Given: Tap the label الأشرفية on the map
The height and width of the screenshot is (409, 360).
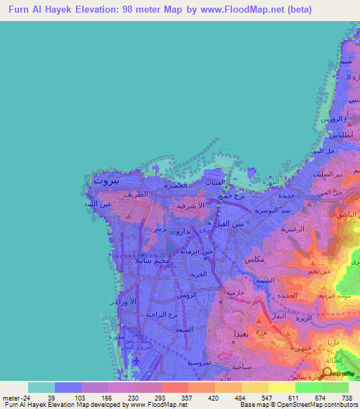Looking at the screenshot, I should (x=192, y=206).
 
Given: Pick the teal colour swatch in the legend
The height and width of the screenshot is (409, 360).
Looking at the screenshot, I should (x=41, y=387).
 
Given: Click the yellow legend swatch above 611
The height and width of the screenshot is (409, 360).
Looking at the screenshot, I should (x=282, y=387).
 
